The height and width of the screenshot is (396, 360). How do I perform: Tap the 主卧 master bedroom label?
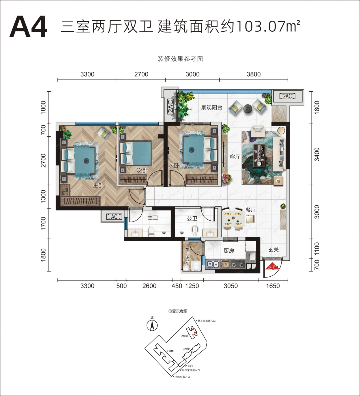[98, 185]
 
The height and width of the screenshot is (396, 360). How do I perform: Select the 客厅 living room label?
[235, 157]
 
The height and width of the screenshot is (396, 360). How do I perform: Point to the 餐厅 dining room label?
[251, 210]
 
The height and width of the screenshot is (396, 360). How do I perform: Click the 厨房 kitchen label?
[229, 251]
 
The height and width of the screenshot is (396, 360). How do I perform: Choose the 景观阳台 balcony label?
[212, 107]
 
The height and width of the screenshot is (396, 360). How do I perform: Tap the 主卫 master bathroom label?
[152, 218]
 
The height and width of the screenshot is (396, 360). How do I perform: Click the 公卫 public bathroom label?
[192, 219]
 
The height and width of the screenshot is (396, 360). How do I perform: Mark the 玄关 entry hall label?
[273, 250]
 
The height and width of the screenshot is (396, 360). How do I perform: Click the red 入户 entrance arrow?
[272, 266]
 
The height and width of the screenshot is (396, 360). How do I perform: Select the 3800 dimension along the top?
[254, 74]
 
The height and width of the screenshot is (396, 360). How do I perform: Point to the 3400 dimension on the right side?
[317, 154]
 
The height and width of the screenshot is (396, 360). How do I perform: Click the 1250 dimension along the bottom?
[192, 286]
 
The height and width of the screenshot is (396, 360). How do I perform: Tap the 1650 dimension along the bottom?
[273, 286]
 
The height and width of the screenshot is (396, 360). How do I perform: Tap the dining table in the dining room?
[234, 219]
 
